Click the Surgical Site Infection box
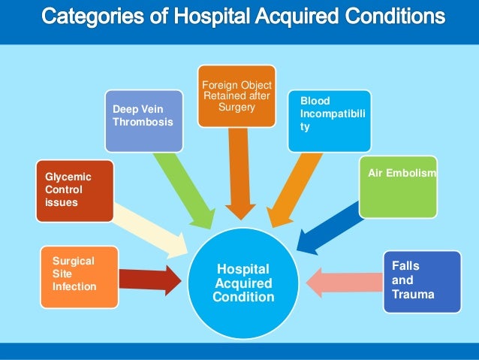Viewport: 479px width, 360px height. coord(79,276)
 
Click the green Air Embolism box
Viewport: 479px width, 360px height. coord(398,185)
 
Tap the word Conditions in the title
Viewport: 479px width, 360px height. coord(390,16)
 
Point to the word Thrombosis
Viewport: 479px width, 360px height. coord(142,123)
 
